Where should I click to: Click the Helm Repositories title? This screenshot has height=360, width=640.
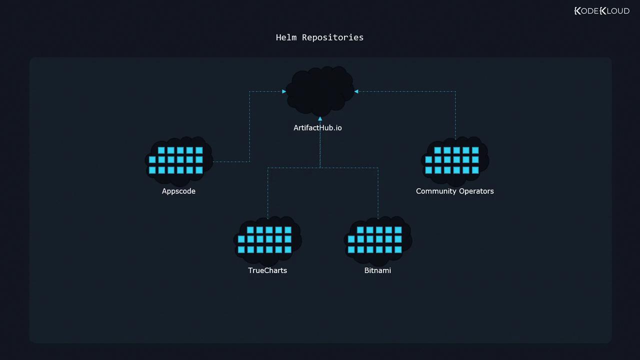point(319,37)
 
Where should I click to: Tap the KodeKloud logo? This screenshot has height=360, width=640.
point(602,11)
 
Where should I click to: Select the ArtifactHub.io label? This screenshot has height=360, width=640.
point(317,128)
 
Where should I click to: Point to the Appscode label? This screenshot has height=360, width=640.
point(178,191)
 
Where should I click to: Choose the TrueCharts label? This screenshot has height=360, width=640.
point(267,270)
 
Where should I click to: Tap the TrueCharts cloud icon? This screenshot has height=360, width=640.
point(267,240)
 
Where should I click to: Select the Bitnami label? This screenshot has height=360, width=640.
point(377,270)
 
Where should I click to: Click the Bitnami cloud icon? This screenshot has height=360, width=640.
point(377,240)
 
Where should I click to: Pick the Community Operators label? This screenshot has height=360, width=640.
point(454,191)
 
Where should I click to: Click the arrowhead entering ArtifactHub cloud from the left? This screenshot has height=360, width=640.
point(284,91)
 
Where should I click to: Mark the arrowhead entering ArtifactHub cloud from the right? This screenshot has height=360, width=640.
point(356,91)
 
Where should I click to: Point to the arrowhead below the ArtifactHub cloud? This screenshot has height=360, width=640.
point(320,119)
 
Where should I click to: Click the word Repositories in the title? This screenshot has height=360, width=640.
point(332,37)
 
